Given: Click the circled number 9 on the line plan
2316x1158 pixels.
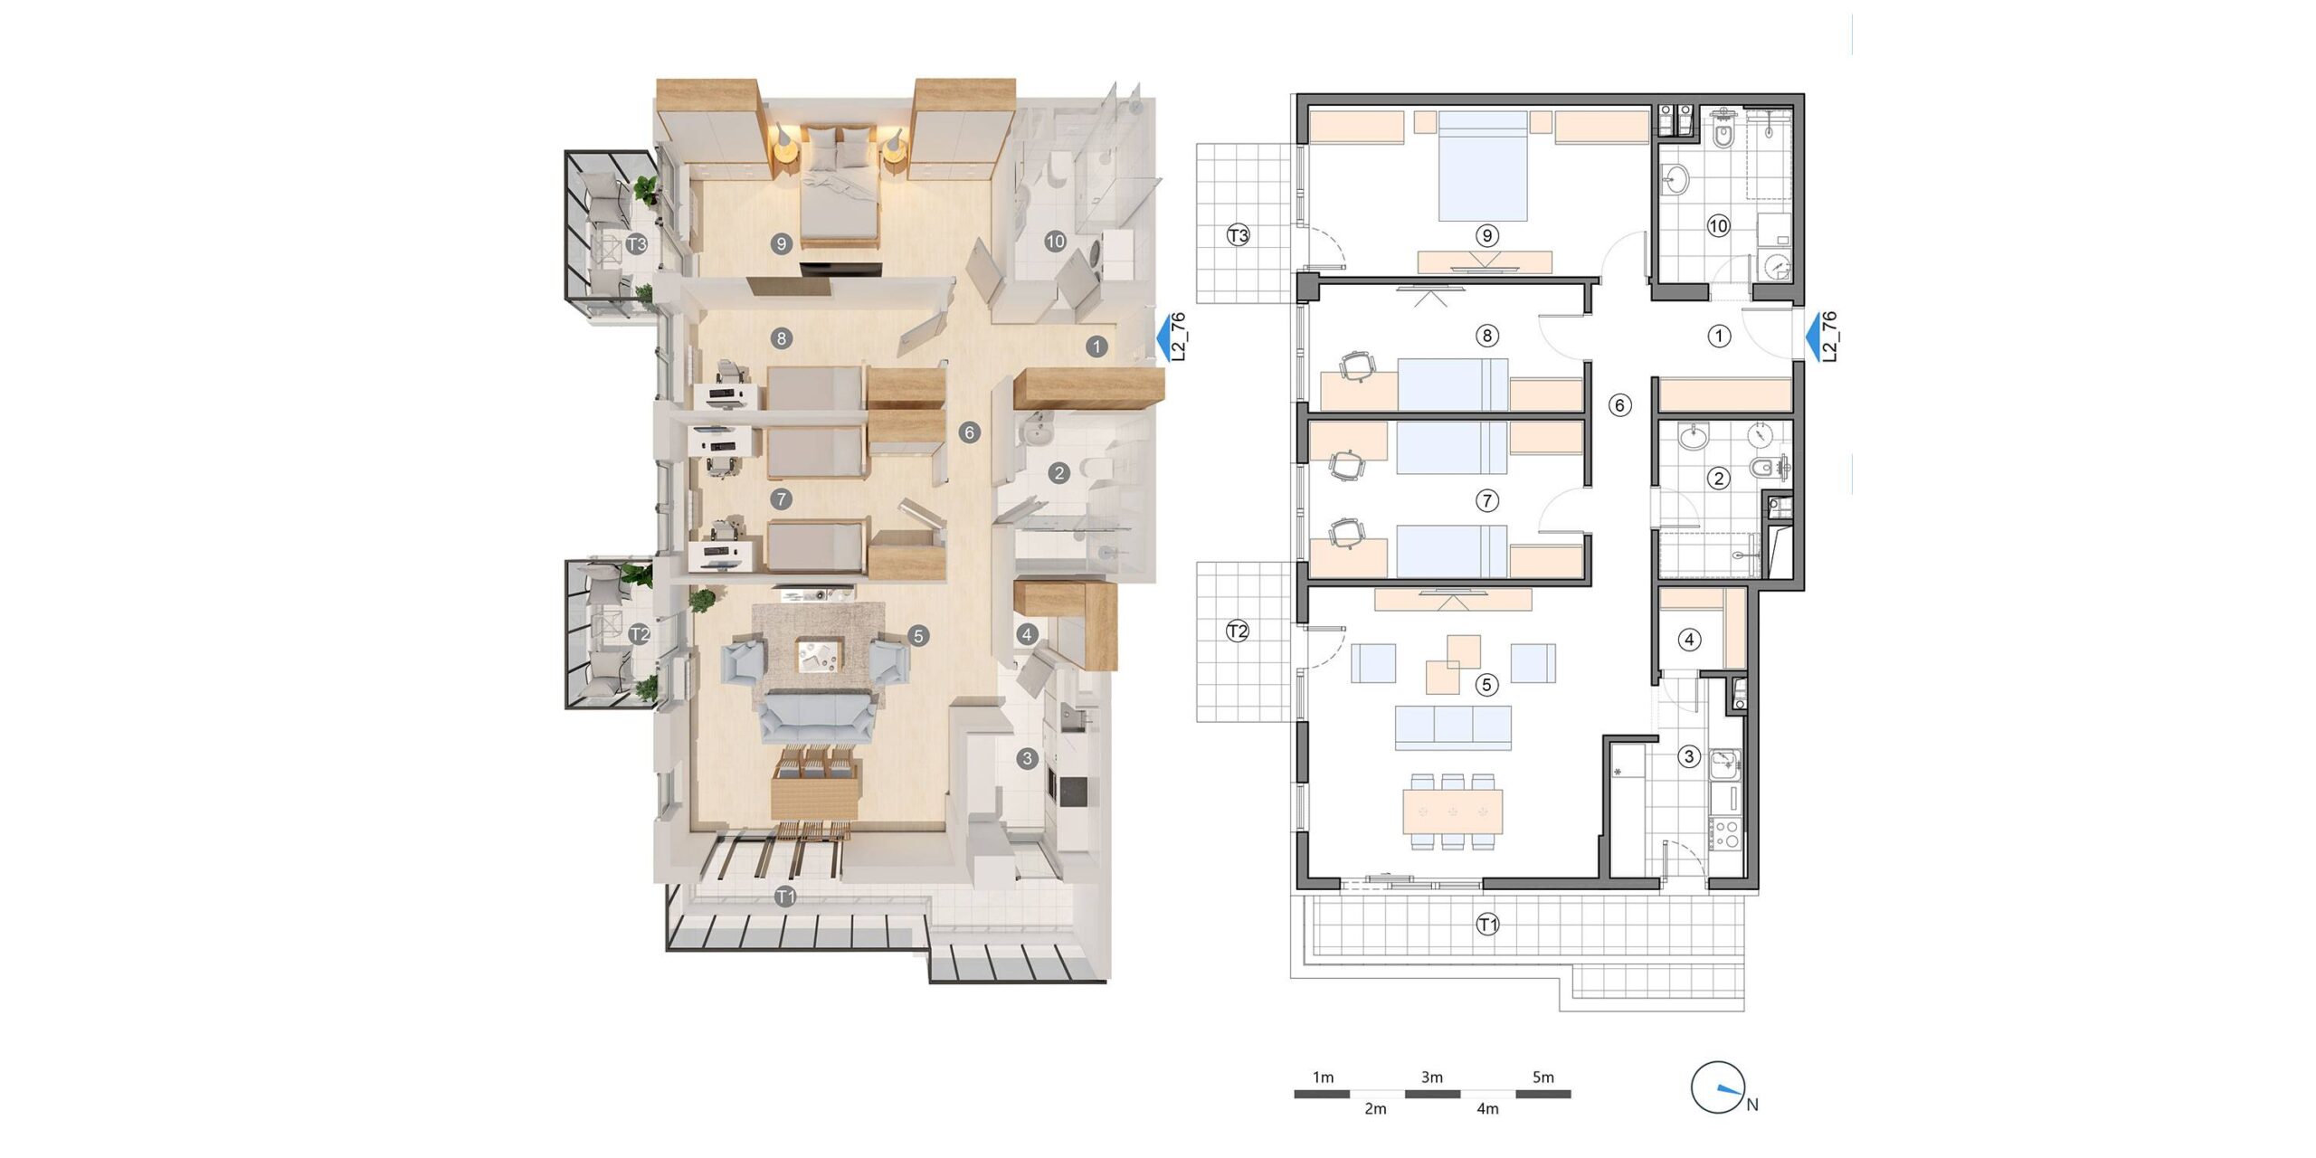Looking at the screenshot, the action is tap(1486, 236).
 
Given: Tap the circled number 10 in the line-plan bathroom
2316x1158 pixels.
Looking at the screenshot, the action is tap(1718, 226).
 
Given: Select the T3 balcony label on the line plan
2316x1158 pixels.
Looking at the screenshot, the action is tap(1238, 235).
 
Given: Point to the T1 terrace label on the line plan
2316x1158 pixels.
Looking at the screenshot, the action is tap(1487, 925).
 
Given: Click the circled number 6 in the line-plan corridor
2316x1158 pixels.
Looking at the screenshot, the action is tap(1620, 405).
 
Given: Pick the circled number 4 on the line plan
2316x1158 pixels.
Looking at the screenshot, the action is tap(1689, 640).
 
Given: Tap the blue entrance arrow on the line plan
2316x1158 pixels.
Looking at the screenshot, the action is tap(1813, 338).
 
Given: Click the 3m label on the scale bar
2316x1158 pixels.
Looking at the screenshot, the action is tap(1431, 1077).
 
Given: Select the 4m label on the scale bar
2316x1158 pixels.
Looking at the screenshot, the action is tap(1487, 1108).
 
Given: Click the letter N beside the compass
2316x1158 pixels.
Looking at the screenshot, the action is tap(1752, 1105).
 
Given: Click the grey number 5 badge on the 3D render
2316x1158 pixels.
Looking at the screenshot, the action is tap(918, 636).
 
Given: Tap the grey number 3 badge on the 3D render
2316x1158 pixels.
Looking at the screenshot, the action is tap(1026, 758).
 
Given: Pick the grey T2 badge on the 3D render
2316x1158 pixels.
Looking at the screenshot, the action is tap(639, 633).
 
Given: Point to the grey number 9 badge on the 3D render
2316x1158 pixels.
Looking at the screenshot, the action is tap(782, 242).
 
